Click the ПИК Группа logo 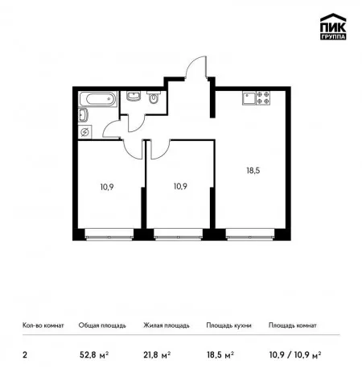coord(333,27)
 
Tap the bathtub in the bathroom coord(98,99)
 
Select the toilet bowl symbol coord(154,97)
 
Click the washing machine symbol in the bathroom coord(84,132)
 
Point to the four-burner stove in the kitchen coord(263,97)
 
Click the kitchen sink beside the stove coord(249,97)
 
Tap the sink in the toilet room coord(134,96)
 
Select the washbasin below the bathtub coord(83,115)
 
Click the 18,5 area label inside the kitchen coord(253,171)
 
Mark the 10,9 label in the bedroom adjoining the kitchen coord(180,186)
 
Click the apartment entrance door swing coord(196,67)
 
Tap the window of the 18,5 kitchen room coord(250,234)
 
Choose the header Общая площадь coord(102,325)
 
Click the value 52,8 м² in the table coord(94,355)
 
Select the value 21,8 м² coord(157,355)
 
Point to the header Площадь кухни coord(228,325)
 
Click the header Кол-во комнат coord(43,325)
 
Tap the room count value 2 coord(25,355)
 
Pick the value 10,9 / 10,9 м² coord(295,355)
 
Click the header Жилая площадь coord(167,325)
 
